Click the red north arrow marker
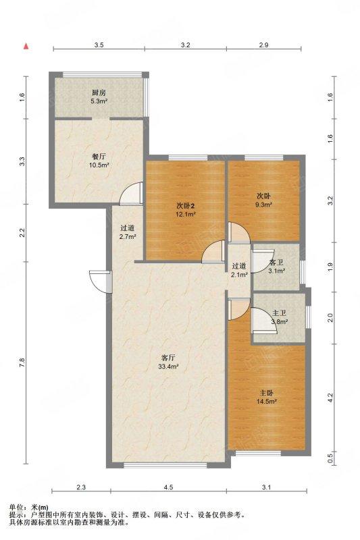pos(26,46)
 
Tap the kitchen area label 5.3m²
pos(99,101)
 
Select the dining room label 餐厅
pos(99,157)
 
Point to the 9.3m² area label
pos(263,205)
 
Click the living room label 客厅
pos(168,358)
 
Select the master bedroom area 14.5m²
pos(267,401)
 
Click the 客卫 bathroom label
pos(277,263)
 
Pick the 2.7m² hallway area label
pos(128,237)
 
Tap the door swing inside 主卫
pos(265,321)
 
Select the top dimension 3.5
pos(99,45)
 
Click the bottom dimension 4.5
pos(168,487)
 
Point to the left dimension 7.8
pos(22,362)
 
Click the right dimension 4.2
pos(330,398)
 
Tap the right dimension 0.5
pos(330,458)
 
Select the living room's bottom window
pos(165,465)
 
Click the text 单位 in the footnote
pos(16,508)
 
